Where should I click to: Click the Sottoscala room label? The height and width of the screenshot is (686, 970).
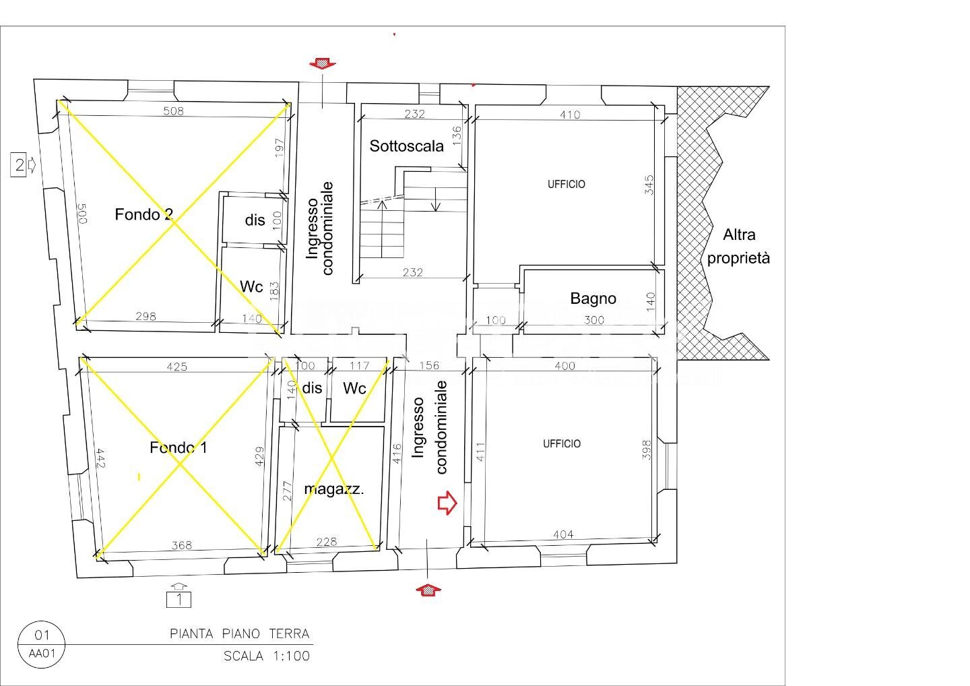coord(406,146)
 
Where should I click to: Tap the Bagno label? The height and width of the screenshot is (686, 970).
coord(593,299)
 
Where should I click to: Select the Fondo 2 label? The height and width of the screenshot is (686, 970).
coord(143,214)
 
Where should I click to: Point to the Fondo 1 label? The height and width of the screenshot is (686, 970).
coord(178,447)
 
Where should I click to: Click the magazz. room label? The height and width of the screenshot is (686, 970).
coord(334,489)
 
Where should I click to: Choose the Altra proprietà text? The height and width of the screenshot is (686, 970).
coord(738,247)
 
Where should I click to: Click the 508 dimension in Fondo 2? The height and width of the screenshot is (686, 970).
coord(173,111)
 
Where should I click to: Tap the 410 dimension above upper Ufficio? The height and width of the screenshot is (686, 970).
coord(569,115)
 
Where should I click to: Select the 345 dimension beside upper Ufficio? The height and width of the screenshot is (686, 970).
coord(649,185)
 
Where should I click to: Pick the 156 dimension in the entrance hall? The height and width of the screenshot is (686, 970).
coord(428,365)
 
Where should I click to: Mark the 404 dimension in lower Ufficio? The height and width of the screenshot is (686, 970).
coord(563,534)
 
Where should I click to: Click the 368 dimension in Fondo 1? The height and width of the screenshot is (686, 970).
coord(181,544)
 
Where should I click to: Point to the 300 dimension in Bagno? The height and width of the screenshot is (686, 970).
coord(593,320)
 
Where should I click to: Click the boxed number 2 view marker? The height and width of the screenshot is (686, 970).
coord(19,165)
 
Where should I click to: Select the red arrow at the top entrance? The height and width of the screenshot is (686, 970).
coord(322,64)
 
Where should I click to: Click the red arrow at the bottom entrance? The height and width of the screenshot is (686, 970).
coord(428,590)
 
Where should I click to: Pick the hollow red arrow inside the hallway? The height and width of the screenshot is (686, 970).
coord(447,503)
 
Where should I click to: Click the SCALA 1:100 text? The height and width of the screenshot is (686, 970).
coord(267,656)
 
